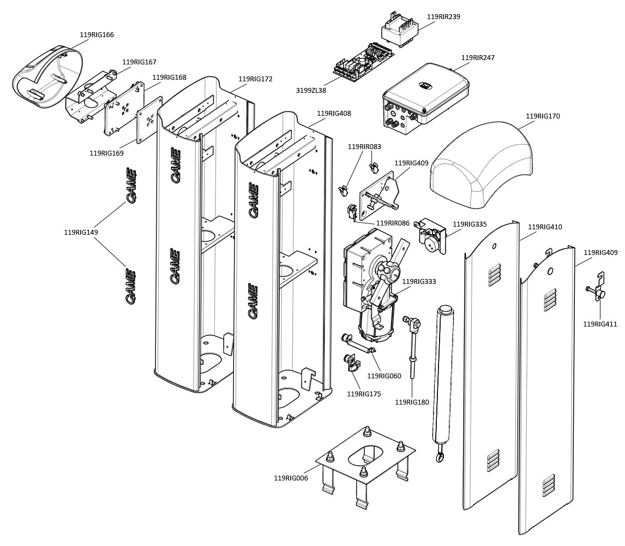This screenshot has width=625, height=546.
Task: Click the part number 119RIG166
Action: [x=97, y=35]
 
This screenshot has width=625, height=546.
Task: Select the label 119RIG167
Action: [x=139, y=62]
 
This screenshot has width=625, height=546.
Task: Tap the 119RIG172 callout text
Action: [x=255, y=79]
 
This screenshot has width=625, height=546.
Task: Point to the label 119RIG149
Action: [x=81, y=232]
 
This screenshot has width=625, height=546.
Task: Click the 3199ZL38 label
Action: [x=311, y=90]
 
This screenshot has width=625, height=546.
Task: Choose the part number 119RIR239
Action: [x=443, y=17]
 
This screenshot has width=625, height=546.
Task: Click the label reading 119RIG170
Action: [x=543, y=116]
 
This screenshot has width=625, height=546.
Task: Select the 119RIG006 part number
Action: [x=291, y=478]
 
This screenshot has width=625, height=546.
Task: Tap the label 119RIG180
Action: [x=412, y=402]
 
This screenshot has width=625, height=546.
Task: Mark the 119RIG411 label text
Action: [x=600, y=324]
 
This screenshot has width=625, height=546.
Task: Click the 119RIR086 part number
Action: [x=393, y=223]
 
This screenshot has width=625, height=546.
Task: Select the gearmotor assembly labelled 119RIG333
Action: [x=371, y=284]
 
